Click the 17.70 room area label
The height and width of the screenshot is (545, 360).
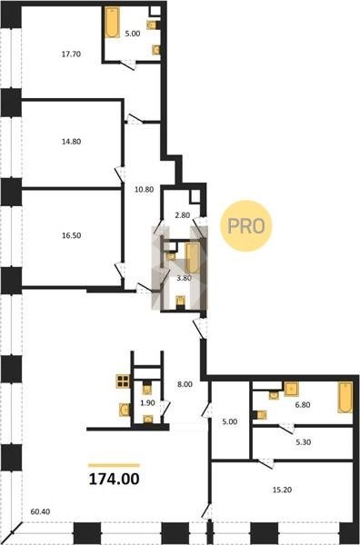click(71, 54)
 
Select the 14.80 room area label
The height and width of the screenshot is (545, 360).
click(71, 142)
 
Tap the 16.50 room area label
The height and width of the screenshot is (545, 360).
click(71, 235)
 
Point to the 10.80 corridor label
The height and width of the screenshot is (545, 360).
click(144, 190)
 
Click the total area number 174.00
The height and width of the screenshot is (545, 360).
click(114, 479)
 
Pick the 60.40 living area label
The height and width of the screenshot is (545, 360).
click(40, 511)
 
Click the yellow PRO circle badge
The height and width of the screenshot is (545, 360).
click(246, 226)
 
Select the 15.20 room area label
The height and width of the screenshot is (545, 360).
click(282, 490)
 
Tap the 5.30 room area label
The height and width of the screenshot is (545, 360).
click(304, 442)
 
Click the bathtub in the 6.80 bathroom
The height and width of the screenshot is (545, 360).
click(345, 397)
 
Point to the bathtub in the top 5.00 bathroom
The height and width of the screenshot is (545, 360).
click(113, 22)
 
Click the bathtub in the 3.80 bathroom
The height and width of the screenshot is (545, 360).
click(192, 258)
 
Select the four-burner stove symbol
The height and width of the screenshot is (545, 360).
click(123, 381)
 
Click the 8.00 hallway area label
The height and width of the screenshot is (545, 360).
click(185, 384)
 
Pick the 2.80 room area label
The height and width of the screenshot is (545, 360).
click(182, 215)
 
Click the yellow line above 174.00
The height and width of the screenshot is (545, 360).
click(114, 465)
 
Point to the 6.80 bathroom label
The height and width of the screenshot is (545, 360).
click(303, 404)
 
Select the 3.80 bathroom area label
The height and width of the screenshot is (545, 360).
click(184, 278)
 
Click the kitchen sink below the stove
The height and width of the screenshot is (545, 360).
click(124, 410)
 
